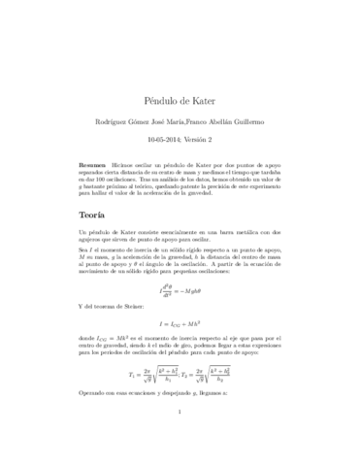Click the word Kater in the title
(206, 73)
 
